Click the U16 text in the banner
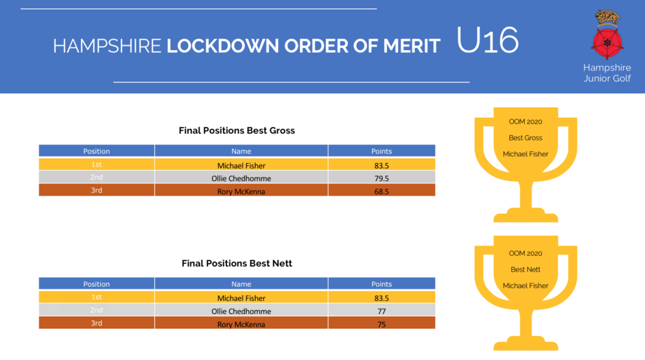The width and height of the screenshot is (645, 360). [487, 40]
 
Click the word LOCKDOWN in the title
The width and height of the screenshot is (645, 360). [222, 46]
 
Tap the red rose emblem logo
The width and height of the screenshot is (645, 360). [607, 43]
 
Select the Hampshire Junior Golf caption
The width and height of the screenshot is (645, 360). [607, 73]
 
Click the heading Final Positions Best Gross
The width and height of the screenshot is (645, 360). [237, 131]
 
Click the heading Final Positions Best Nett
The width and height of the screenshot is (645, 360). [237, 263]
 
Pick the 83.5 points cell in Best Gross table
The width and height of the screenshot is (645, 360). [382, 166]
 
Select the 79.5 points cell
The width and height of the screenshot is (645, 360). [382, 178]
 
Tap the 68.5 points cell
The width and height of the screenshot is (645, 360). [382, 191]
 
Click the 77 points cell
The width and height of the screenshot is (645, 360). [382, 311]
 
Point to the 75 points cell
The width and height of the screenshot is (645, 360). [382, 324]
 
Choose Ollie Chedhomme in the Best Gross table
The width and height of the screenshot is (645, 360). [241, 178]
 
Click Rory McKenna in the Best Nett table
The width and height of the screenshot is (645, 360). [241, 324]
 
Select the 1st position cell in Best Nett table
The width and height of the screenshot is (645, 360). [97, 297]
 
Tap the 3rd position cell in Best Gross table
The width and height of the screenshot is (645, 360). [97, 190]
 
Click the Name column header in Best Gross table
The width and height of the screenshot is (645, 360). [241, 151]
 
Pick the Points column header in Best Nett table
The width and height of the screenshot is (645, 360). [382, 284]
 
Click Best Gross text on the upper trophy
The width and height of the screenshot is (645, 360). [526, 138]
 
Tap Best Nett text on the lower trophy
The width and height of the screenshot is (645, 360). [526, 269]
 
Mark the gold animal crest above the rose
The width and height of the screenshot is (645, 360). [607, 18]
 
